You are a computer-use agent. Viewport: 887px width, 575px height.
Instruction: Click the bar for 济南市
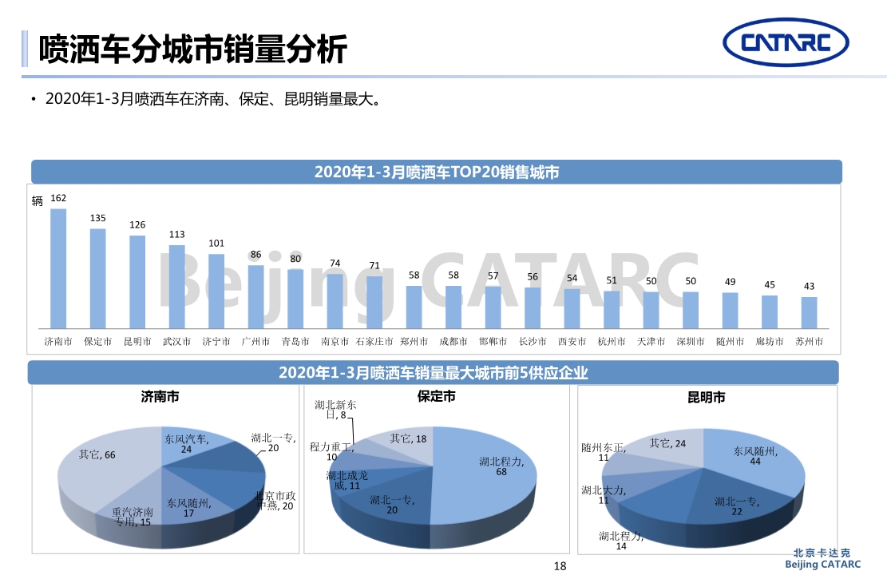click(x=58, y=268)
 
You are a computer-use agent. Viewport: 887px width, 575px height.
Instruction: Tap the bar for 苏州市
click(x=809, y=312)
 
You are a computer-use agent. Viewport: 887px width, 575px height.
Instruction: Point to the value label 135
click(x=97, y=218)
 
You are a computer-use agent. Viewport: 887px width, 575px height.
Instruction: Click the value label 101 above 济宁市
click(x=216, y=243)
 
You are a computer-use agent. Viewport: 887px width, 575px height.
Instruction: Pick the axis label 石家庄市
click(x=374, y=342)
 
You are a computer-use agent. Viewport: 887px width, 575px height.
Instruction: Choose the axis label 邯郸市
click(x=493, y=342)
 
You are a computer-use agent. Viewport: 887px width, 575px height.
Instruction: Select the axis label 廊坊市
click(x=770, y=342)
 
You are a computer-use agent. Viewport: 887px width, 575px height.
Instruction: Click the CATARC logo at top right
click(x=786, y=44)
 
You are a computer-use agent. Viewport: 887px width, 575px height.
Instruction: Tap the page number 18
click(x=560, y=566)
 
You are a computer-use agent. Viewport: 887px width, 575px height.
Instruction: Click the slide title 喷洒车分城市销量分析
click(x=193, y=50)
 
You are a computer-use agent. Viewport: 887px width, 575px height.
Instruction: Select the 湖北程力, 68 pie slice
click(x=487, y=471)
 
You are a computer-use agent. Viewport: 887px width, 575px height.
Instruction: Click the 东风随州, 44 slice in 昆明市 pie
click(x=750, y=463)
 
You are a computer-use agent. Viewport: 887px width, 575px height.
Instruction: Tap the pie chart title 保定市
click(x=437, y=396)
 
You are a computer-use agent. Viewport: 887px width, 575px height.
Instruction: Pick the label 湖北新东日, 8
click(x=335, y=410)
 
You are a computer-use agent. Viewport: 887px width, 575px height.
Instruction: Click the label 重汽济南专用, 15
click(x=133, y=517)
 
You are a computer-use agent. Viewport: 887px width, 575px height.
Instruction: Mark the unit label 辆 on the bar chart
click(x=38, y=200)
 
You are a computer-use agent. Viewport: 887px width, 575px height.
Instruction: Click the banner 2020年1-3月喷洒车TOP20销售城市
click(x=436, y=172)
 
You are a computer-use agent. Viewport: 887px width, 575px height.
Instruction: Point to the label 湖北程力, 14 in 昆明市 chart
click(x=621, y=541)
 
